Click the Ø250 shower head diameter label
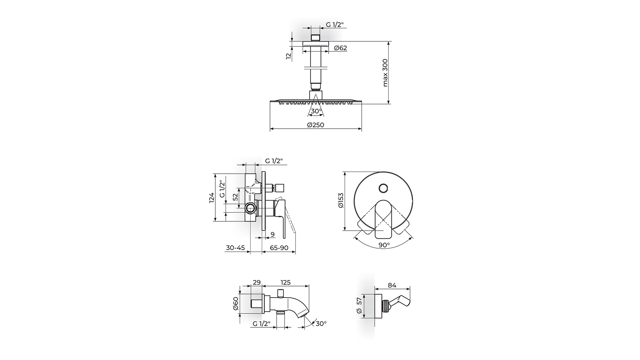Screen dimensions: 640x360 tap(315, 125)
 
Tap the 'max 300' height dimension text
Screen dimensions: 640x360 tap(385, 73)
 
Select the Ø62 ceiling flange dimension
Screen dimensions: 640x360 tap(340, 48)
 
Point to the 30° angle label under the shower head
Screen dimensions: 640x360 tap(316, 111)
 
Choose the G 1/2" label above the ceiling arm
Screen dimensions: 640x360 tap(335, 25)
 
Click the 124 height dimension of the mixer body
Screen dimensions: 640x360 tap(211, 197)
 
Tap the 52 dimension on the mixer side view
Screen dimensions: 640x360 tap(235, 197)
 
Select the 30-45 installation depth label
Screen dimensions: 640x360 tap(235, 248)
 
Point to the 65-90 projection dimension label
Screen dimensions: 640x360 tap(279, 248)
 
